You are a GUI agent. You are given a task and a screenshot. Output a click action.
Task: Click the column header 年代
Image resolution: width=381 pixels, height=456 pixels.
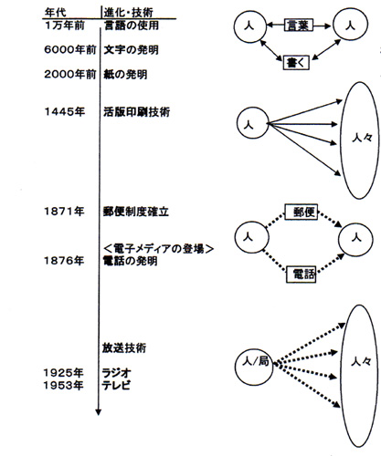point(56,13)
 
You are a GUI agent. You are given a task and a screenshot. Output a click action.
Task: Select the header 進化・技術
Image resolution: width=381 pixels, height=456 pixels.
point(128,13)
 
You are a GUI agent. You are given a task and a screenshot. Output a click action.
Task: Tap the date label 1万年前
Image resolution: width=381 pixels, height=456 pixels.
point(64,26)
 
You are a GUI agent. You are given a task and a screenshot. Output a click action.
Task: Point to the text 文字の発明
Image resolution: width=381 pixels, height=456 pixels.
point(131,50)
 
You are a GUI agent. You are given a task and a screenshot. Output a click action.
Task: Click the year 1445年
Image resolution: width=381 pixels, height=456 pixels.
point(65,112)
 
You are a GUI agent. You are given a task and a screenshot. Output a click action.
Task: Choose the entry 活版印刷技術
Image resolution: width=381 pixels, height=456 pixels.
point(136,112)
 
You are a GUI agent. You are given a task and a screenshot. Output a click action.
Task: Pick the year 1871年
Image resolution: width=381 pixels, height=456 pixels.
point(64,212)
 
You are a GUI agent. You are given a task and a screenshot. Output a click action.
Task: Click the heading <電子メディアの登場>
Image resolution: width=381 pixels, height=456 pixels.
point(159,249)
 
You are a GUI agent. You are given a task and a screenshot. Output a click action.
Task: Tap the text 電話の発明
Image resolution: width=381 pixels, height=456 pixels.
point(130,261)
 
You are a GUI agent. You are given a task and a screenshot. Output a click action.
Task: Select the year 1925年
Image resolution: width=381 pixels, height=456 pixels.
point(63,373)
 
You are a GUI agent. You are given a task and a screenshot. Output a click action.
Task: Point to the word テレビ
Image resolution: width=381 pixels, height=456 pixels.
point(116,385)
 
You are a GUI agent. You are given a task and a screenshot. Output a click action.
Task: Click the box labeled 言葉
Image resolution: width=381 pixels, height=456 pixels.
point(299,26)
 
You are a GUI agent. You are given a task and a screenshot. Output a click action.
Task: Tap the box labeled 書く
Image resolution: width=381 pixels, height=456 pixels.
point(296,63)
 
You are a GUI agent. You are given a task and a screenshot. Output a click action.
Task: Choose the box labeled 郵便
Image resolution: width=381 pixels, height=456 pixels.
point(302,212)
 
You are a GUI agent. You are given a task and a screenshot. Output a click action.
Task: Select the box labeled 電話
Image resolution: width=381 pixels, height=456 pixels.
point(301,275)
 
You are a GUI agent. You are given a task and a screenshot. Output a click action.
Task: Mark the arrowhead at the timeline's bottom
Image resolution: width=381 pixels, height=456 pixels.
point(98,412)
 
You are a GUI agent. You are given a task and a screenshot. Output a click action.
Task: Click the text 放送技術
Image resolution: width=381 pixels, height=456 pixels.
point(124,347)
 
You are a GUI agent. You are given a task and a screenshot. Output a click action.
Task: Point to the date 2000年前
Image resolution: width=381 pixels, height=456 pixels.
point(70,75)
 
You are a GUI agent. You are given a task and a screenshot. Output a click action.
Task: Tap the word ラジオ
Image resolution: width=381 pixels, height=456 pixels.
point(117,373)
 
